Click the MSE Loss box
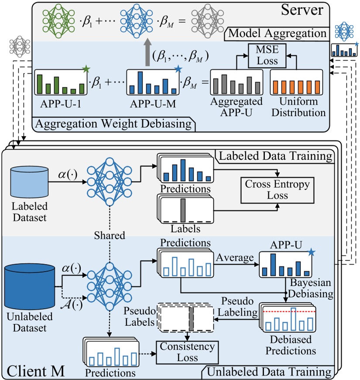click(x=267, y=56)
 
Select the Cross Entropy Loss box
click(x=277, y=190)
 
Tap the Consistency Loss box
click(x=187, y=352)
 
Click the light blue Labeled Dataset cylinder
click(x=29, y=182)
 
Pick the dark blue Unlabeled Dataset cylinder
click(x=30, y=287)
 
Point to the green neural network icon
click(x=58, y=21)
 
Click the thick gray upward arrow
click(x=147, y=52)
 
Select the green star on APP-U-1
click(x=86, y=69)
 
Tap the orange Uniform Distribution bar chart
click(x=296, y=83)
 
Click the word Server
click(x=302, y=10)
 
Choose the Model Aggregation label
click(x=277, y=33)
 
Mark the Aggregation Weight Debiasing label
click(x=113, y=124)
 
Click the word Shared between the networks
click(x=110, y=235)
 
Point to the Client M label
click(x=36, y=371)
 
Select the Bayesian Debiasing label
click(x=311, y=288)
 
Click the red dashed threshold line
click(x=289, y=311)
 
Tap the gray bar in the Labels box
click(x=183, y=210)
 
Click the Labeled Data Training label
click(x=275, y=156)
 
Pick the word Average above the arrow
click(x=235, y=258)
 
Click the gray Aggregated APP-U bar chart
click(x=237, y=83)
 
